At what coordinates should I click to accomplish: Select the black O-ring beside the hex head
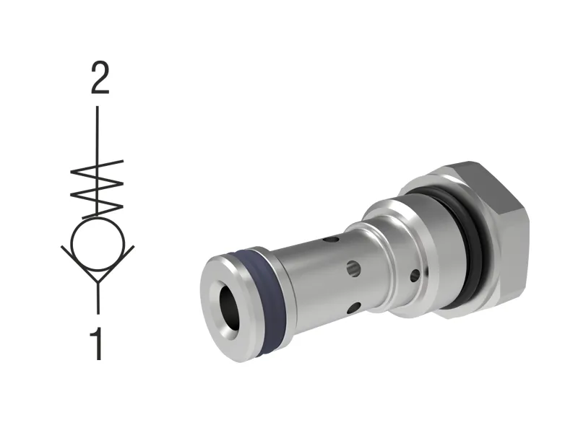click(470, 238)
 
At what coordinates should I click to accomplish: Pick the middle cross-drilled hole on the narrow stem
click(353, 268)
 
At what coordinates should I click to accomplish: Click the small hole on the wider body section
click(414, 275)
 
